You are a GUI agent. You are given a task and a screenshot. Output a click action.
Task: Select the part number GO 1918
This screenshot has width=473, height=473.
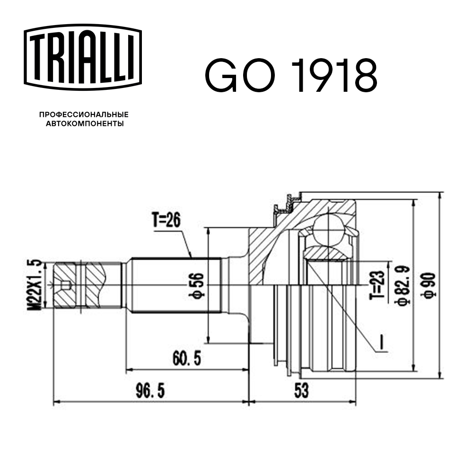click(290, 75)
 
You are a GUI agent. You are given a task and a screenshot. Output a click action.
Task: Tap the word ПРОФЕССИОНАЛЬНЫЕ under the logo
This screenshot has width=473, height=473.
click(84, 115)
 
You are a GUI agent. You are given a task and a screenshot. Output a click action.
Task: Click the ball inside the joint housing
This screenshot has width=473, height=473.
click(330, 229)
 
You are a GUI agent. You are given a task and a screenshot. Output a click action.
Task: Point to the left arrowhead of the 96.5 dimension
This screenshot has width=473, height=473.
click(56, 403)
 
